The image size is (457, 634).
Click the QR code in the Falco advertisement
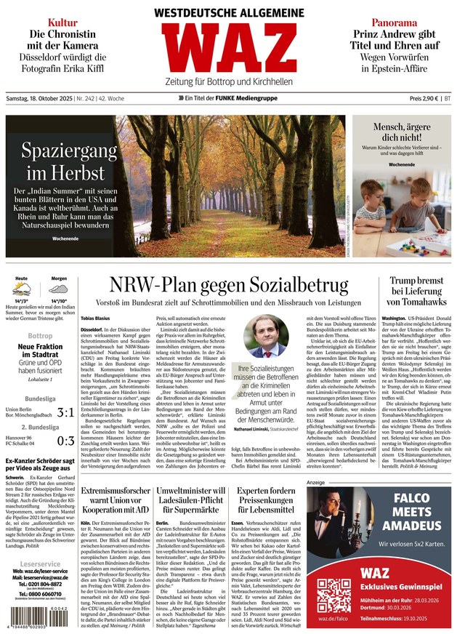(333, 595)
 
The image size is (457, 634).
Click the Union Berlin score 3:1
(65, 413)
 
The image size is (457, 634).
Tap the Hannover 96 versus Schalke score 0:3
(65, 441)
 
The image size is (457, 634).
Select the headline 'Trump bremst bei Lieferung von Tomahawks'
(416, 291)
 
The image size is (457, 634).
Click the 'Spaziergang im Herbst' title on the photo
(69, 161)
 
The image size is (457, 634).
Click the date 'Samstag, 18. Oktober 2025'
(39, 98)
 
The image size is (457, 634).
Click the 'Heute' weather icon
(23, 289)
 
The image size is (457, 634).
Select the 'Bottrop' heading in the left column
(40, 336)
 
